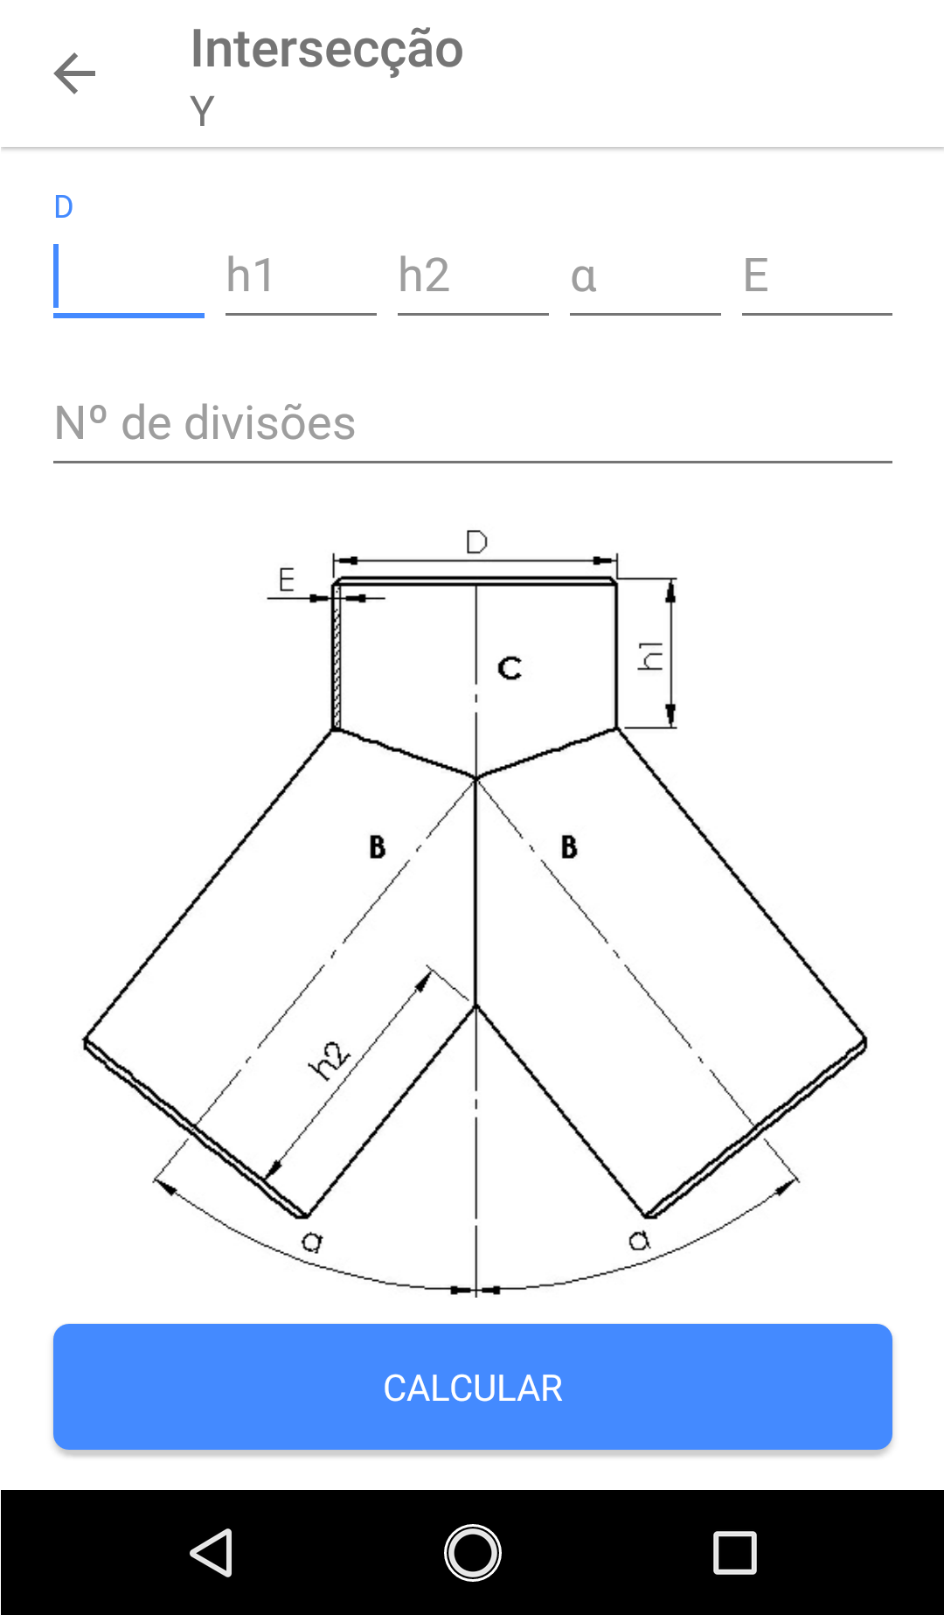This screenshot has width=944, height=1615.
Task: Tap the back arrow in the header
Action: pyautogui.click(x=74, y=73)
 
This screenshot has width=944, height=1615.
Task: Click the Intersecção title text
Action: pyautogui.click(x=326, y=49)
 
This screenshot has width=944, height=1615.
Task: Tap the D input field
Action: pyautogui.click(x=128, y=278)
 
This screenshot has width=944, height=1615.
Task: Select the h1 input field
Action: pyautogui.click(x=301, y=278)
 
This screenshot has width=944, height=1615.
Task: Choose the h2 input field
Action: pyautogui.click(x=473, y=278)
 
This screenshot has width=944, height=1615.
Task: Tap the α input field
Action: pyautogui.click(x=645, y=278)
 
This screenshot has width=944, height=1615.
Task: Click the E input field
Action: pyautogui.click(x=817, y=278)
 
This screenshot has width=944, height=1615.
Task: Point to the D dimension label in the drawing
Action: pyautogui.click(x=476, y=542)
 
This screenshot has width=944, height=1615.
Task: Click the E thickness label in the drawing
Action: pyautogui.click(x=286, y=580)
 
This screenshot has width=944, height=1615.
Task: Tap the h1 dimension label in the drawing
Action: pyautogui.click(x=650, y=655)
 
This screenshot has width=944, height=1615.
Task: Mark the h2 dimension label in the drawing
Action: pyautogui.click(x=329, y=1061)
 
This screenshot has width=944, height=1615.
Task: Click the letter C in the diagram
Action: pyautogui.click(x=510, y=669)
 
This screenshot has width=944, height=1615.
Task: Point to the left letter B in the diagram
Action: pyautogui.click(x=377, y=846)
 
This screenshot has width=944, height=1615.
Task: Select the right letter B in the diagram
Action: pyautogui.click(x=569, y=846)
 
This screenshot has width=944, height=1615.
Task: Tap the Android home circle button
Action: pyautogui.click(x=472, y=1553)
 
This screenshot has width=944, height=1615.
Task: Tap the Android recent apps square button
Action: pyautogui.click(x=734, y=1553)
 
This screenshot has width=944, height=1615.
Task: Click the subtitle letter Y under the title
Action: pyautogui.click(x=202, y=111)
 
